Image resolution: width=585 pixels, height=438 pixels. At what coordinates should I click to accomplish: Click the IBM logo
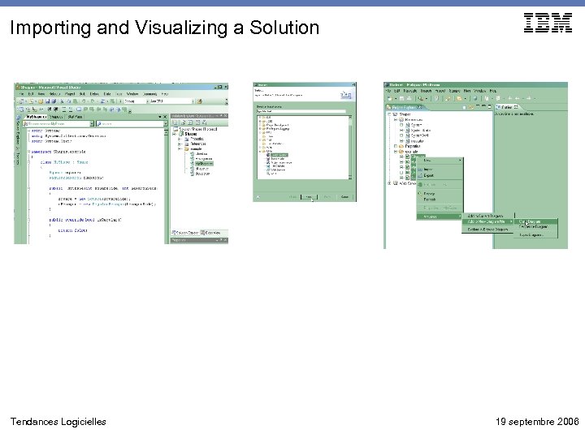548,24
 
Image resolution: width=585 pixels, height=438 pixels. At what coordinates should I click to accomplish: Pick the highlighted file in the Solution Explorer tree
203,163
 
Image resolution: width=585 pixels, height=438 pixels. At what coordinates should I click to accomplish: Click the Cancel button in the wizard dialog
344,196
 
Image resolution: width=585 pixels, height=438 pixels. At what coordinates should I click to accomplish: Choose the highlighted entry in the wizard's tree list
279,154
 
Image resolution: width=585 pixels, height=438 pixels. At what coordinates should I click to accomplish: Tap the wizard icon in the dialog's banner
344,95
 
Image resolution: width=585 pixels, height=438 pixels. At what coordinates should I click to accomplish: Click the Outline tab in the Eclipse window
511,106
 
